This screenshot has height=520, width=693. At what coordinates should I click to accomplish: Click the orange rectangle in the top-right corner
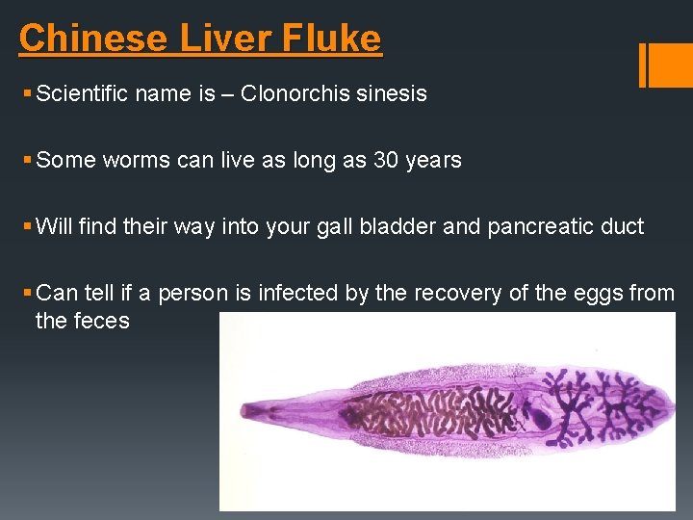(666, 65)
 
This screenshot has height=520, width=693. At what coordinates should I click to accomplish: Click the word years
(434, 160)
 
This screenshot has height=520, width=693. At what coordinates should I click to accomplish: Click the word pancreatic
(518, 226)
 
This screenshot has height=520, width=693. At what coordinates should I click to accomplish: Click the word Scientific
(83, 93)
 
